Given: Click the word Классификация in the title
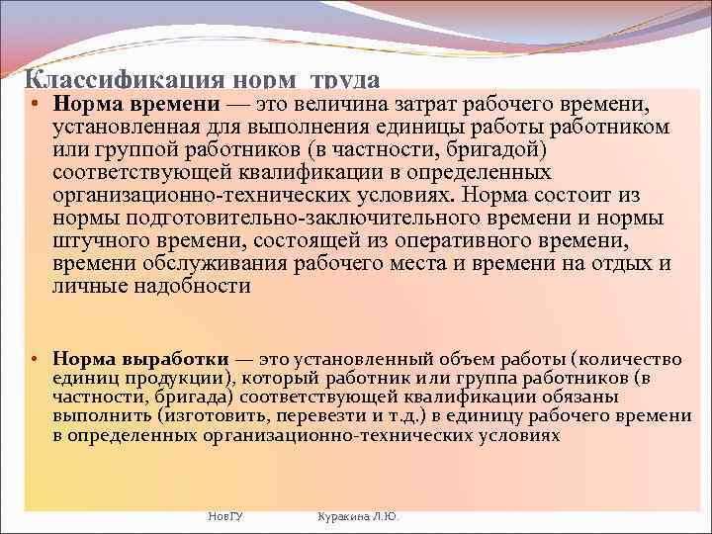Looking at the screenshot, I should [125, 82].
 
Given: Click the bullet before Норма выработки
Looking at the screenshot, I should [35, 359].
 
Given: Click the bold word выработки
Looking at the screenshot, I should [177, 358].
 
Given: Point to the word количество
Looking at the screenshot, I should [639, 358].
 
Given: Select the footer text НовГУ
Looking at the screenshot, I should [227, 516].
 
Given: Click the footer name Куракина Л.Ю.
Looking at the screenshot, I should [357, 516].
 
